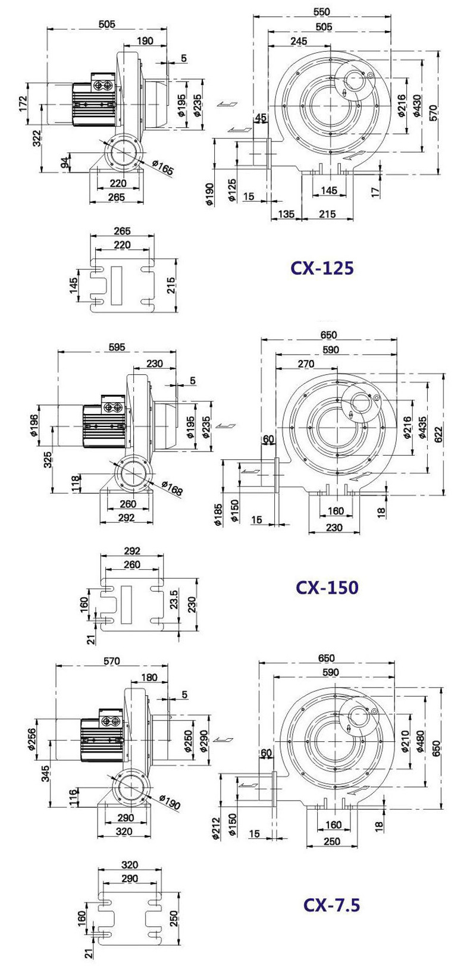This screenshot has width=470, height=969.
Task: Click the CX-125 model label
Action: (322, 268)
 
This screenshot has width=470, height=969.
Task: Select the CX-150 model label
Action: (327, 587)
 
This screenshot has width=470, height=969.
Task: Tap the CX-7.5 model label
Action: (331, 904)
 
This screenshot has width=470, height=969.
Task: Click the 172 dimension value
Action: (23, 104)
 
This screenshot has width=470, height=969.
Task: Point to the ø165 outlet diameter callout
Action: (162, 168)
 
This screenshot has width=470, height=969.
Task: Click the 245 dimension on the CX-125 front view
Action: (299, 41)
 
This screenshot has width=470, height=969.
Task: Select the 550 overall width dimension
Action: (321, 12)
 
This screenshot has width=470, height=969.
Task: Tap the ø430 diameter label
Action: (416, 105)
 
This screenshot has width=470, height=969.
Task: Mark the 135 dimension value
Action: (286, 214)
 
